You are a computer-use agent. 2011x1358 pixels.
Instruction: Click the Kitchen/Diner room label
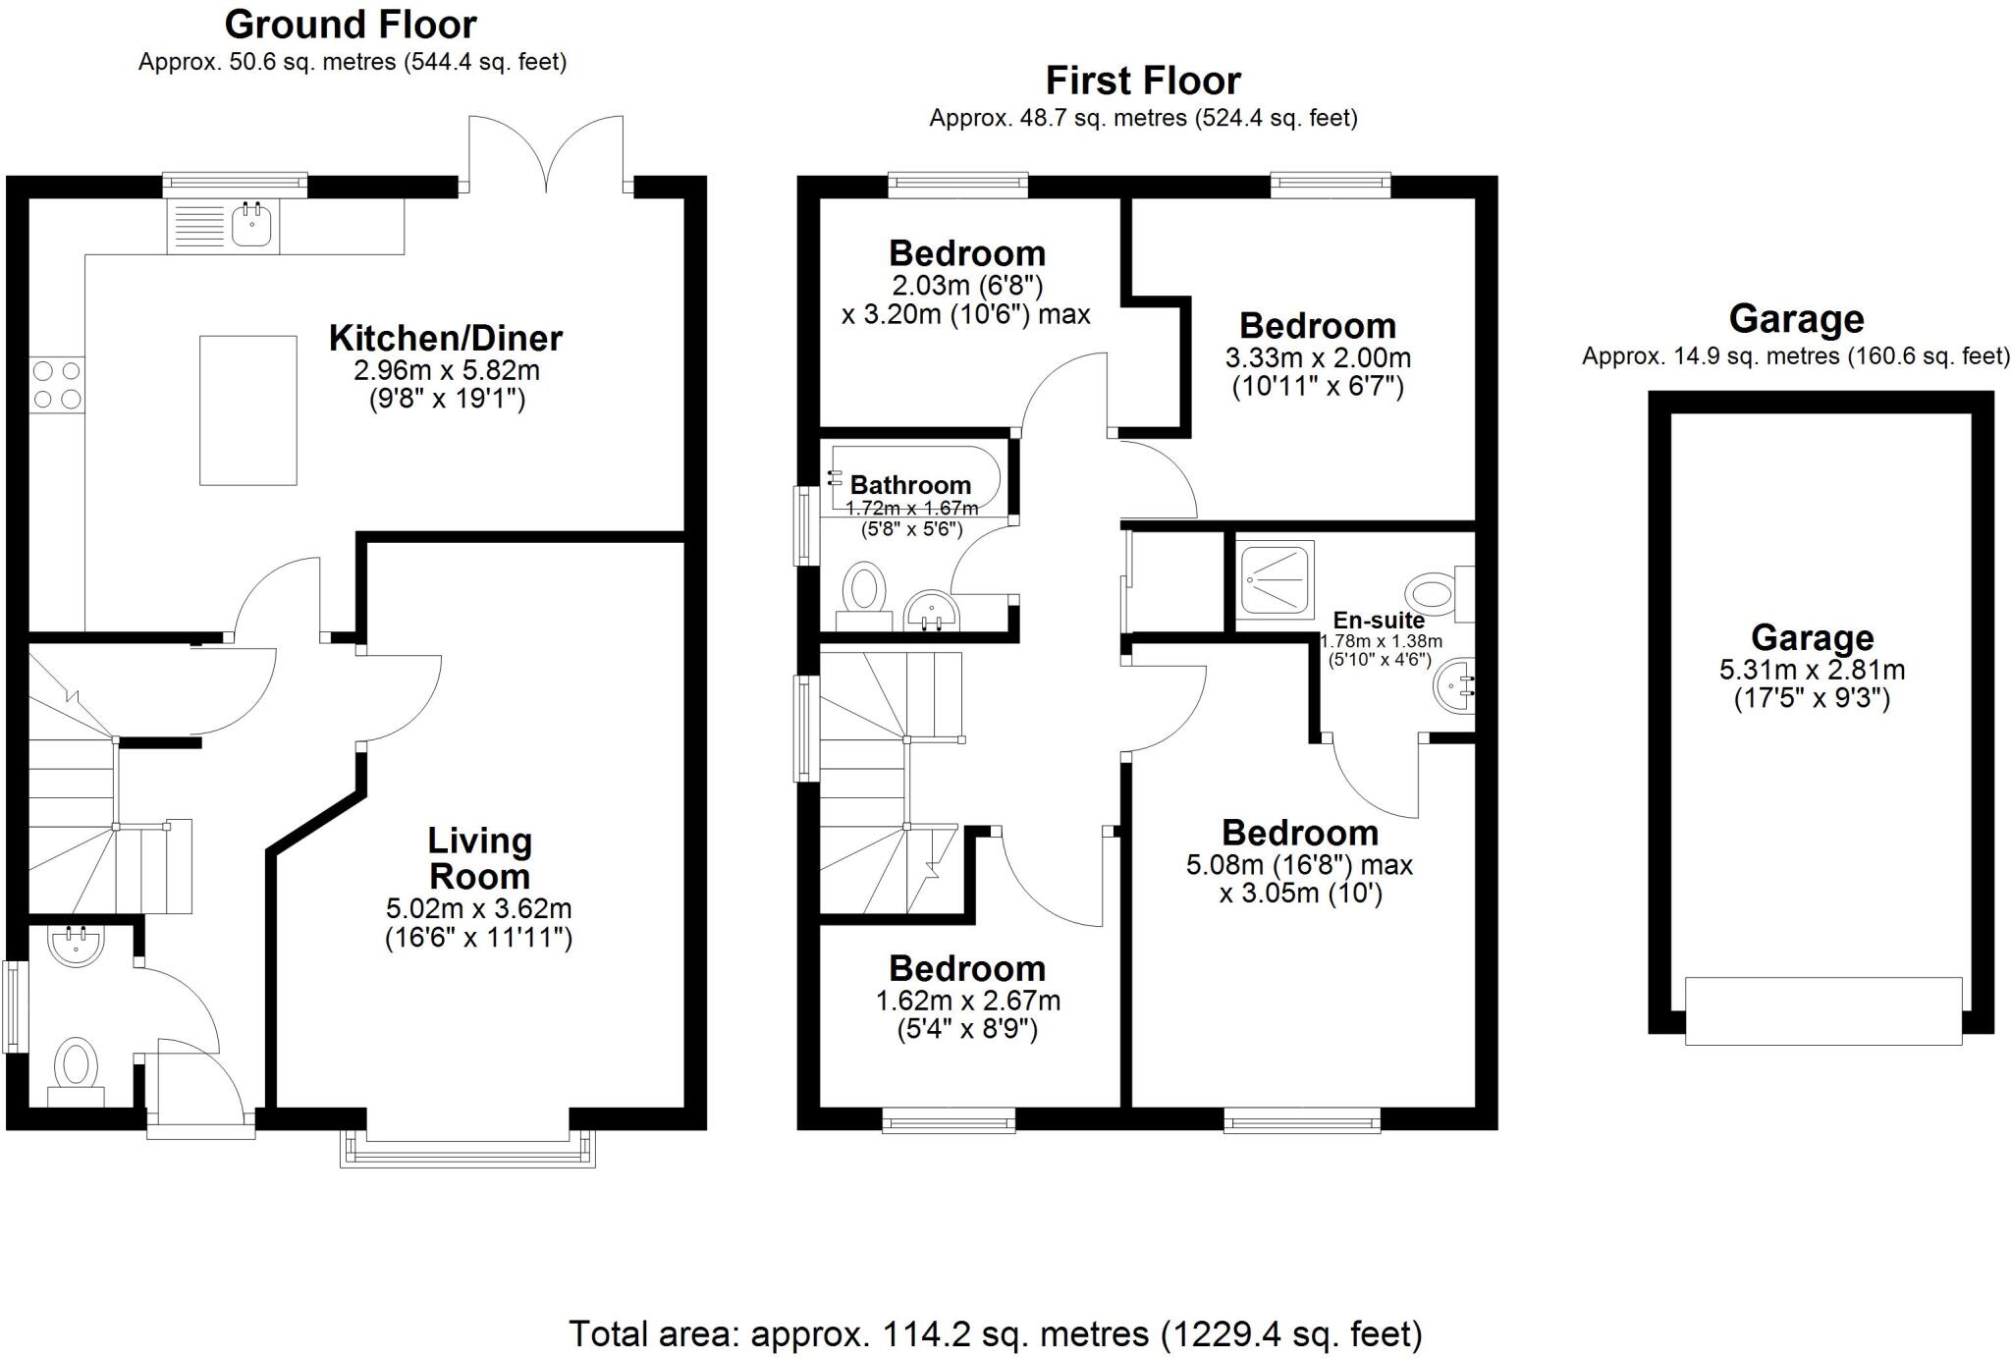pyautogui.click(x=445, y=338)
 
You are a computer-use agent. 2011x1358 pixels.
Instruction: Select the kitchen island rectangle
pyautogui.click(x=248, y=410)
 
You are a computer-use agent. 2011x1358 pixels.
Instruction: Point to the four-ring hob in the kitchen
pyautogui.click(x=56, y=385)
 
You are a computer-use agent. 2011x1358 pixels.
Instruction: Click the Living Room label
pyautogui.click(x=480, y=858)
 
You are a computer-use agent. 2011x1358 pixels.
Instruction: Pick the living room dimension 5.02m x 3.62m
pyautogui.click(x=479, y=909)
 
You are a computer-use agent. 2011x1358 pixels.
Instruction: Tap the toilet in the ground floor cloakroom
pyautogui.click(x=76, y=1074)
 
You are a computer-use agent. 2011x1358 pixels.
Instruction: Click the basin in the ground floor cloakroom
pyautogui.click(x=76, y=945)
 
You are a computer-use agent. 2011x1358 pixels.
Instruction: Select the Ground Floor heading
pyautogui.click(x=351, y=24)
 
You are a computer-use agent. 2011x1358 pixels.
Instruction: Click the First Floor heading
pyautogui.click(x=1143, y=80)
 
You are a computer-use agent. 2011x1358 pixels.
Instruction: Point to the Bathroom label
pyautogui.click(x=910, y=485)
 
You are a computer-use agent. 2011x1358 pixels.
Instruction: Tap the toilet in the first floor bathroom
pyautogui.click(x=864, y=595)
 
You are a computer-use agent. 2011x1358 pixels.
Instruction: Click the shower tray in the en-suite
pyautogui.click(x=1275, y=579)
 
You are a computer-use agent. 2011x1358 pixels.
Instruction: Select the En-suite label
pyautogui.click(x=1379, y=620)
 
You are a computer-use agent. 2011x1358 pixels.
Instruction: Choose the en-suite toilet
pyautogui.click(x=1440, y=594)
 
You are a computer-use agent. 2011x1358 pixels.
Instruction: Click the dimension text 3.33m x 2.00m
pyautogui.click(x=1318, y=358)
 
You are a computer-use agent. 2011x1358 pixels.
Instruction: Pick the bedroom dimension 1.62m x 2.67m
pyautogui.click(x=967, y=1002)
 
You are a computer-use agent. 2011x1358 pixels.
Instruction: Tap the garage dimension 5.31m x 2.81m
pyautogui.click(x=1812, y=671)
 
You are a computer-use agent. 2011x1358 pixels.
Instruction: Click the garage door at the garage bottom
pyautogui.click(x=1823, y=1010)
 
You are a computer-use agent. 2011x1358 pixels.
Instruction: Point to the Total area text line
pyautogui.click(x=996, y=1334)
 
